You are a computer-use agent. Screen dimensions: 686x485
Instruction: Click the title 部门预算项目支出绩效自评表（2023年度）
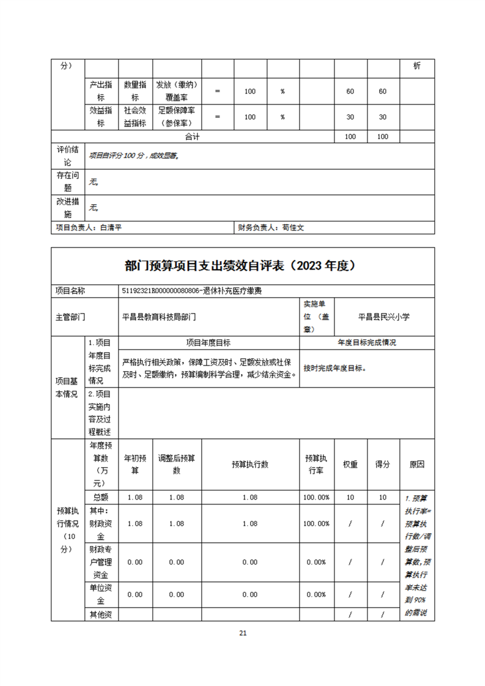pyautogui.click(x=242, y=266)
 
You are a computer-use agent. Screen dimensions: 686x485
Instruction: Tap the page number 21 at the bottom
pyautogui.click(x=243, y=633)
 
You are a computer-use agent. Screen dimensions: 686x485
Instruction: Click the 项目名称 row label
pyautogui.click(x=70, y=291)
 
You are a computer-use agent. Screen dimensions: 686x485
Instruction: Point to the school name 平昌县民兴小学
pyautogui.click(x=383, y=317)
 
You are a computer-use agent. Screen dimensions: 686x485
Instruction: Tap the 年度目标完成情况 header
pyautogui.click(x=367, y=343)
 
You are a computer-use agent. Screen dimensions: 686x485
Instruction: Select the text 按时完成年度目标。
pyautogui.click(x=335, y=368)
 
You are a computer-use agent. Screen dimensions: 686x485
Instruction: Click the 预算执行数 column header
pyautogui.click(x=250, y=465)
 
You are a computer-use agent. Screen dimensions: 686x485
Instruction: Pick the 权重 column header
pyautogui.click(x=350, y=465)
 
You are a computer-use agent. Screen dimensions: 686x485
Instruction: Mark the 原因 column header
pyautogui.click(x=417, y=465)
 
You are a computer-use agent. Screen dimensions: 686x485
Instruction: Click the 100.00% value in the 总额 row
pyautogui.click(x=316, y=498)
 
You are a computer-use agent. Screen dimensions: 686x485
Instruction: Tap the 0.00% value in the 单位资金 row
pyautogui.click(x=316, y=594)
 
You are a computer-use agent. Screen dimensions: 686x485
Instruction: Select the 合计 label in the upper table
pyautogui.click(x=192, y=137)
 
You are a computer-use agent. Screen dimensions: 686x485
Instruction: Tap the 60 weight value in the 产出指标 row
pyautogui.click(x=350, y=91)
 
